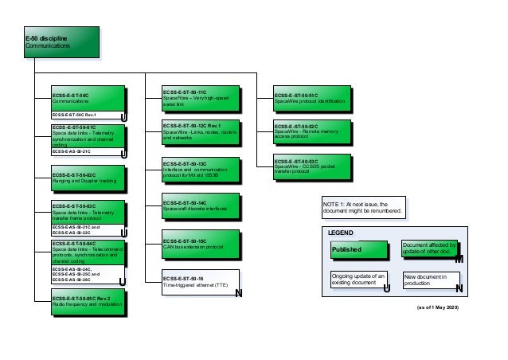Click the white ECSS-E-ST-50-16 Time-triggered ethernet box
[199, 281]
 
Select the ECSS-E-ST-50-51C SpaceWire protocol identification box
[311, 99]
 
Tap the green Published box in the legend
[357, 250]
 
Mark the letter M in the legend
[459, 260]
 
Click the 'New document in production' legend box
[431, 280]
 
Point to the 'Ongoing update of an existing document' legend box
[358, 280]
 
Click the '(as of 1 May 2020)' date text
[438, 307]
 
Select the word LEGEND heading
[346, 233]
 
